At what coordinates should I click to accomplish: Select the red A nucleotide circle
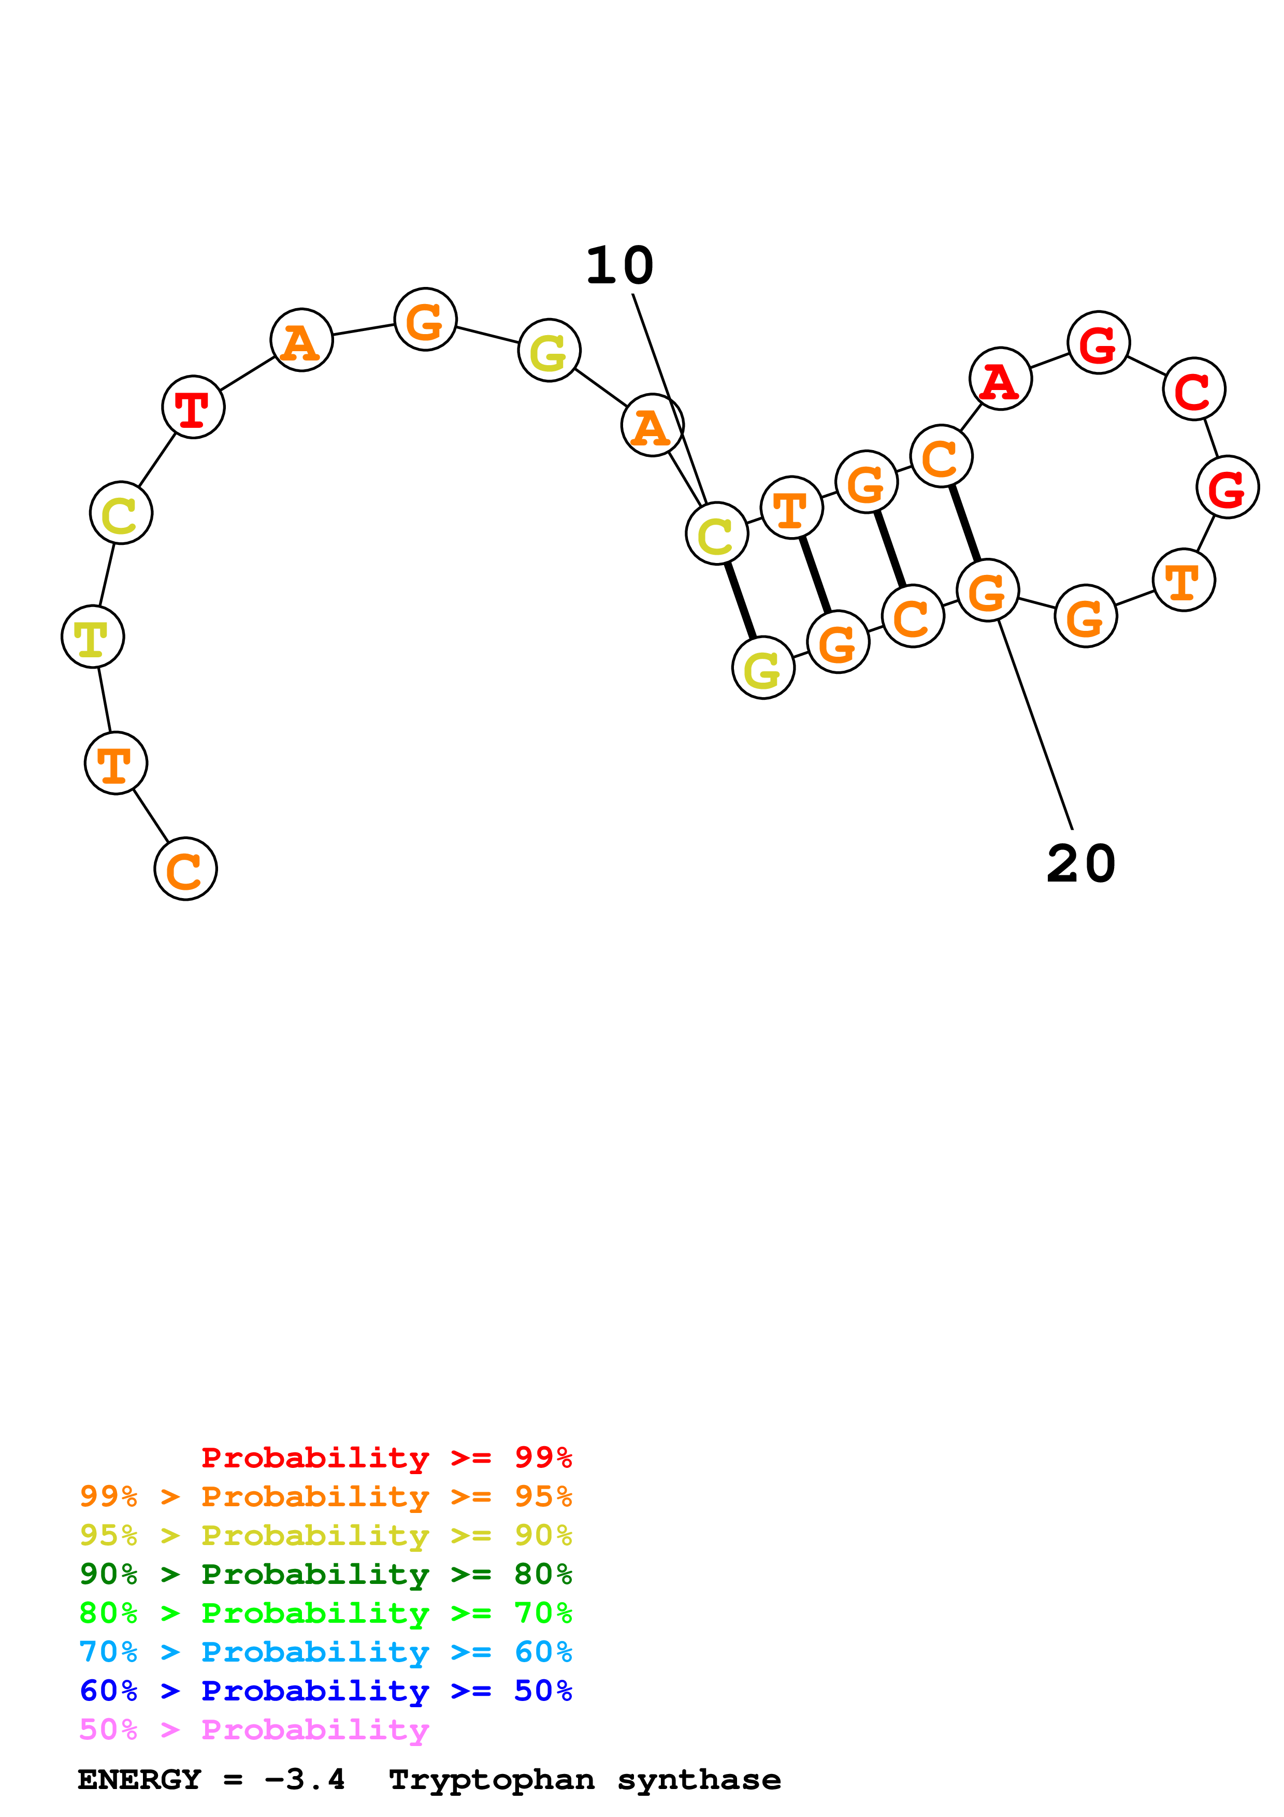pyautogui.click(x=1000, y=379)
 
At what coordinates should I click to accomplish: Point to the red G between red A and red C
pyautogui.click(x=1098, y=343)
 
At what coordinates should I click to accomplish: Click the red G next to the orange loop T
pyautogui.click(x=1227, y=487)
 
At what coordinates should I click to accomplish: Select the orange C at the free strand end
pyautogui.click(x=185, y=869)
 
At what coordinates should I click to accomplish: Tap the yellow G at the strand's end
pyautogui.click(x=762, y=668)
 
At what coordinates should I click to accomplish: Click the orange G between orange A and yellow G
pyautogui.click(x=426, y=319)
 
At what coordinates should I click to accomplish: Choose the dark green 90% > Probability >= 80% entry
pyautogui.click(x=325, y=1574)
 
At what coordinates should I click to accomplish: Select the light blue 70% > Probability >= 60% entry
pyautogui.click(x=325, y=1652)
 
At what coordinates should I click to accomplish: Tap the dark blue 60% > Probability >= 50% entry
pyautogui.click(x=325, y=1691)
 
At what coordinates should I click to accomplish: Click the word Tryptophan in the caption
pyautogui.click(x=492, y=1780)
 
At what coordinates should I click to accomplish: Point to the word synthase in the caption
pyautogui.click(x=699, y=1780)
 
